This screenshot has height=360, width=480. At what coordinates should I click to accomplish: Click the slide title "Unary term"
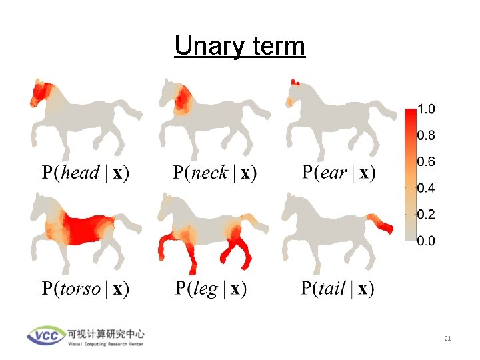(239, 46)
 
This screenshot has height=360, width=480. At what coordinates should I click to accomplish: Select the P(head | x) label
(86, 173)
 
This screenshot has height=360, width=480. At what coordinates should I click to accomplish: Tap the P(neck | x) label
(215, 173)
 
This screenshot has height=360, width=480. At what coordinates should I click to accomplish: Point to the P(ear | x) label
(339, 173)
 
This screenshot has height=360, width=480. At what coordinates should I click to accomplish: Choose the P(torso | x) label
(86, 289)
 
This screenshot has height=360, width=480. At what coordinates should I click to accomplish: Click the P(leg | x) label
(211, 289)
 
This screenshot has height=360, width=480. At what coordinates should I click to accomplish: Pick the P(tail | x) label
(338, 289)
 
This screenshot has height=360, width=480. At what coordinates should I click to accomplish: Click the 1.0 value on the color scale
(426, 108)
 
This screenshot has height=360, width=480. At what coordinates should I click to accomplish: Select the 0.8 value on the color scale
(426, 135)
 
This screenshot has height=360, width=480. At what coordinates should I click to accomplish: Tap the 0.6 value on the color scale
(426, 162)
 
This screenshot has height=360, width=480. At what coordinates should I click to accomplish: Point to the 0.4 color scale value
(426, 188)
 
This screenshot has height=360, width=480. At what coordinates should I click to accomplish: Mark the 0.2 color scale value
(426, 215)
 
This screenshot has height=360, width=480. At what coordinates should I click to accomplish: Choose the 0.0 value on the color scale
(426, 241)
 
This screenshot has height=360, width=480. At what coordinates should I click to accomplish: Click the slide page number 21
(447, 339)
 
